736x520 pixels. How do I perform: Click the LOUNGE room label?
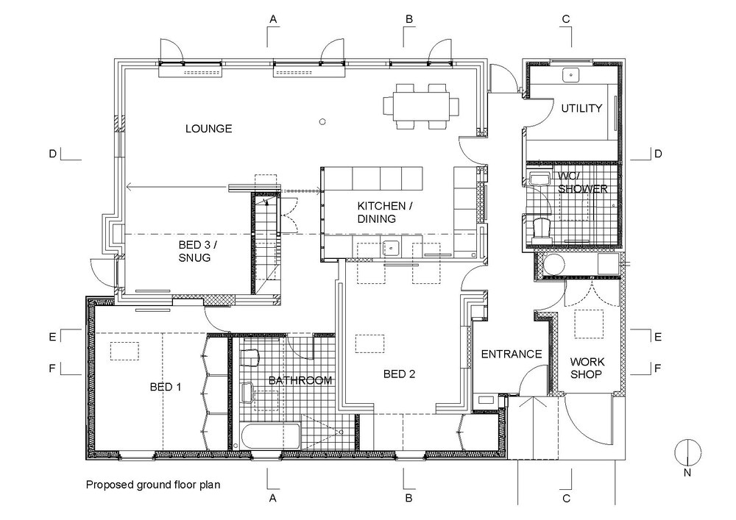pos(208,129)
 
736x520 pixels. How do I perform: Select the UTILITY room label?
pos(581,108)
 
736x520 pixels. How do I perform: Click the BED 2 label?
pos(400,374)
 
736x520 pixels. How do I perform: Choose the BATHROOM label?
pos(300,380)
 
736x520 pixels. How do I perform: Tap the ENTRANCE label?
pos(511,355)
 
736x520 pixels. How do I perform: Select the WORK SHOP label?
pos(587,368)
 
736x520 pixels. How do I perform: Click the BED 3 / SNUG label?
pos(195,251)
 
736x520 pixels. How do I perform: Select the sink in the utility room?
pos(571,74)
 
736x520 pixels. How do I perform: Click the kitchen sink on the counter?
pos(390,248)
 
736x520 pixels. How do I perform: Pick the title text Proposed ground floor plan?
pos(153,485)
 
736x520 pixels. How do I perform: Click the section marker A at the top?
pos(272,19)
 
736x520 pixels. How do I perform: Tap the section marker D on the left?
pos(52,154)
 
